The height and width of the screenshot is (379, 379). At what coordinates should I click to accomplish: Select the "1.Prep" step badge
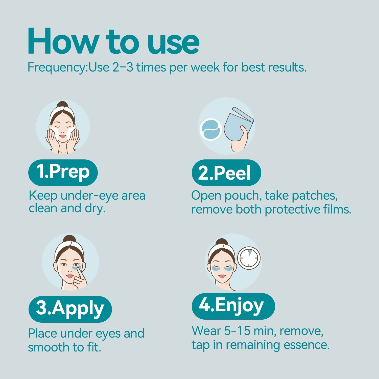point(63,172)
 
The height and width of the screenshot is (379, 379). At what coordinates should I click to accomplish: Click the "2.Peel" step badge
point(226,173)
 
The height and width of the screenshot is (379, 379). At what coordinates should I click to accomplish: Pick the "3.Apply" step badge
point(70,309)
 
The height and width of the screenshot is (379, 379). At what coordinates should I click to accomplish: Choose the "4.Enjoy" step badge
point(233,306)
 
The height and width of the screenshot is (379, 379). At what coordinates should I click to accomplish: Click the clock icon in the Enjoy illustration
point(249,258)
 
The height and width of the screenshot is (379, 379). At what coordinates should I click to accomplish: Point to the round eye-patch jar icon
point(211,129)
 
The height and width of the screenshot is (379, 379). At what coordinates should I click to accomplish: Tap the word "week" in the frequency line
point(205,67)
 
